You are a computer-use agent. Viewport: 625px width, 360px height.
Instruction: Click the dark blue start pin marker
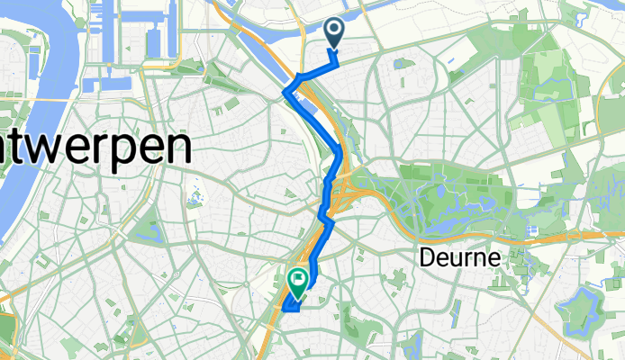334,33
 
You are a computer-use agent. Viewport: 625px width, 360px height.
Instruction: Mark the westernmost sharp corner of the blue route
286,91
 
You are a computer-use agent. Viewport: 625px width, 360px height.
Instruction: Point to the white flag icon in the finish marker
297,280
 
